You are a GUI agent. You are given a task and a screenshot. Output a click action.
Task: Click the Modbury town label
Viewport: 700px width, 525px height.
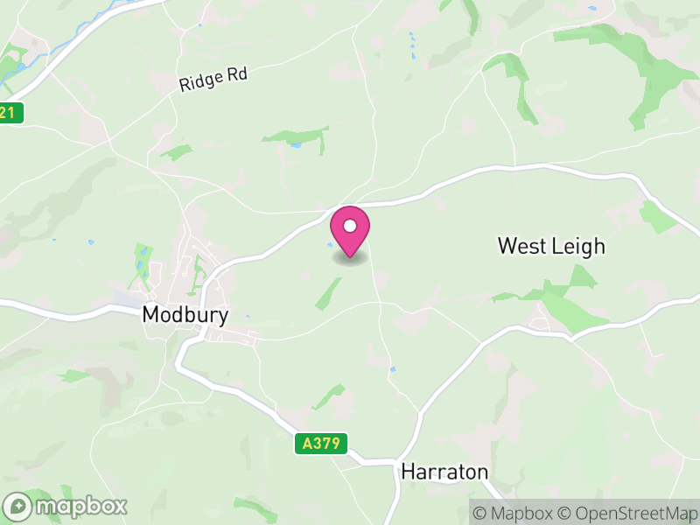(x=185, y=316)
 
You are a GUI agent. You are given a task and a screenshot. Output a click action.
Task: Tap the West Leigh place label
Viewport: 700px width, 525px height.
(x=551, y=246)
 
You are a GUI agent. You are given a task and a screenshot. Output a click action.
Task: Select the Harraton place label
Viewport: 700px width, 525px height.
(x=444, y=472)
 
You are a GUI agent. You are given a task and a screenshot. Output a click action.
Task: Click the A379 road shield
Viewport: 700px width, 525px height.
(x=320, y=444)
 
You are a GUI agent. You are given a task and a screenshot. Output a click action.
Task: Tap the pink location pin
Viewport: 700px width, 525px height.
(x=350, y=229)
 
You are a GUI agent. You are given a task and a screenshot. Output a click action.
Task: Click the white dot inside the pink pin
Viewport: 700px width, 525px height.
(x=350, y=226)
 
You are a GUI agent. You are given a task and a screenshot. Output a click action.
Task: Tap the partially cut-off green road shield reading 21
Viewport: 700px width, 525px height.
(x=10, y=112)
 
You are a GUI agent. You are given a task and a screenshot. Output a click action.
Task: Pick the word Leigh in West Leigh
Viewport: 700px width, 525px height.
(x=578, y=246)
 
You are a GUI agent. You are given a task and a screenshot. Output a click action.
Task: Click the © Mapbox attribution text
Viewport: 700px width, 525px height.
(x=516, y=513)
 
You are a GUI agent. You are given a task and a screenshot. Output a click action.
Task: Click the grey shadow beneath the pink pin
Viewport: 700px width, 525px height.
(x=350, y=258)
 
